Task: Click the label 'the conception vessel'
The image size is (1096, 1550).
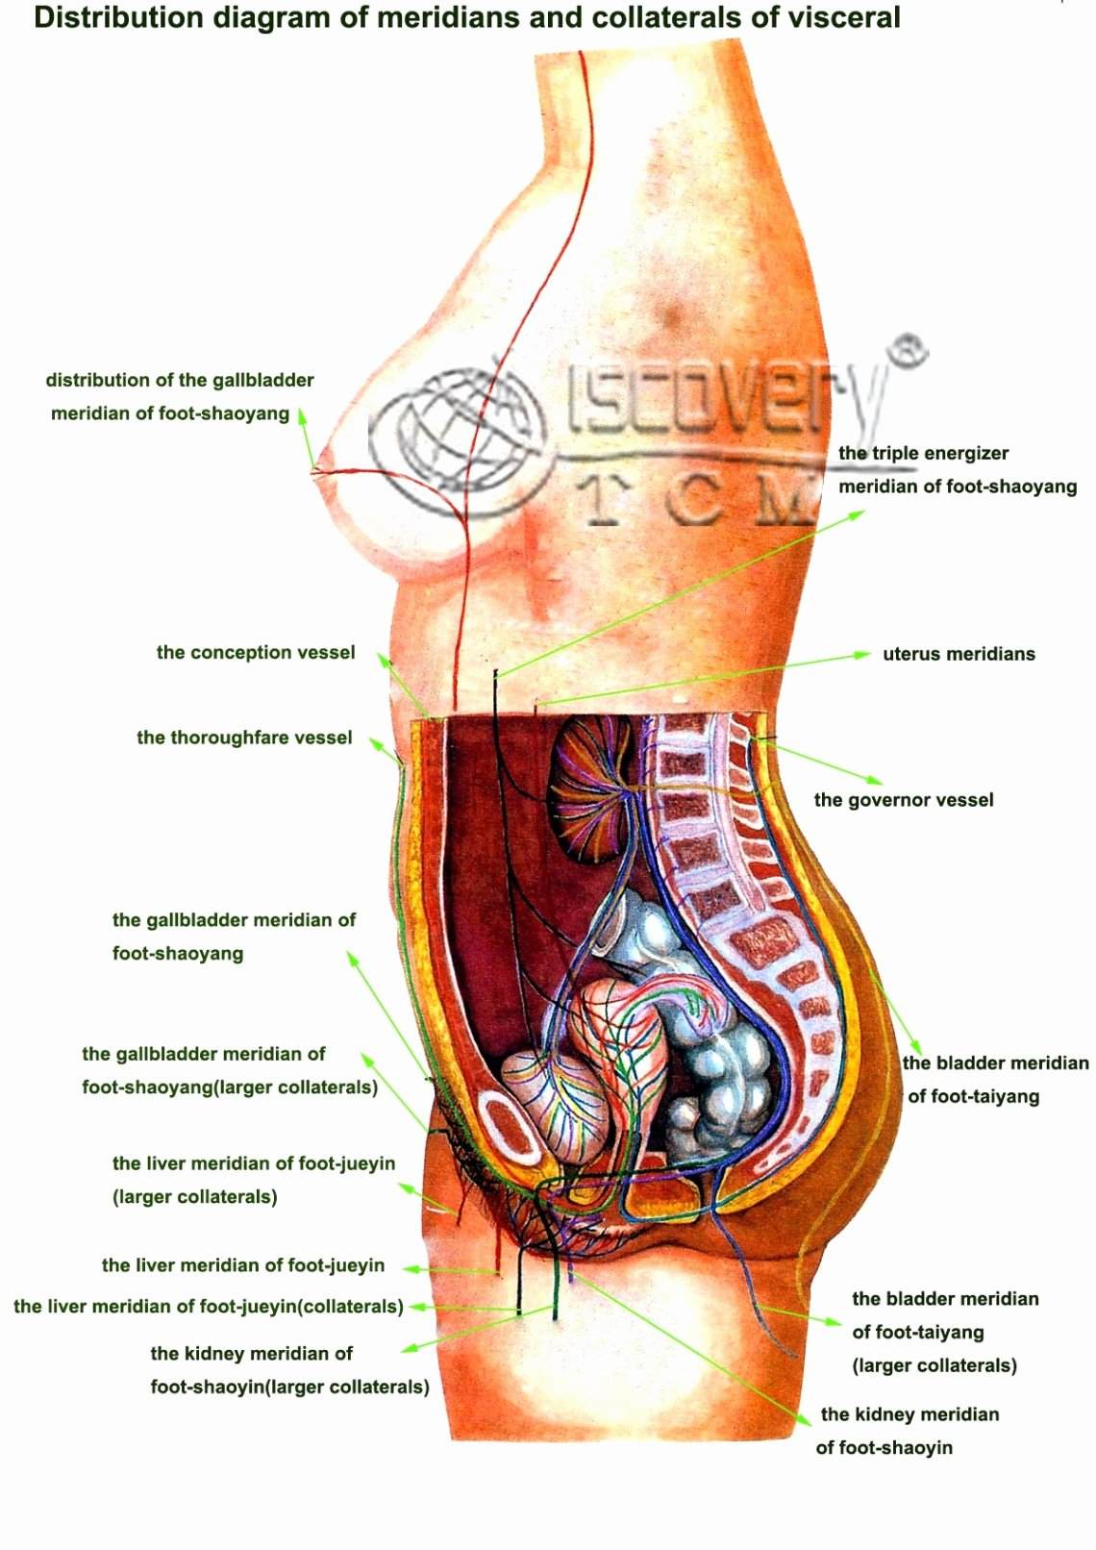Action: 256,653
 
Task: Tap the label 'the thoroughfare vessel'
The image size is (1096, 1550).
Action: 244,737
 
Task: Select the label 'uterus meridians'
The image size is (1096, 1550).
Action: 959,654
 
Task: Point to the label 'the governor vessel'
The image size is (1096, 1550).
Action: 904,800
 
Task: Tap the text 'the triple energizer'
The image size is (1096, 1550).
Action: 924,453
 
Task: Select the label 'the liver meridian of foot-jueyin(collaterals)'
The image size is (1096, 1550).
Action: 209,1306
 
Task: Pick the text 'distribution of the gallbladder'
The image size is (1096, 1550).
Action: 180,380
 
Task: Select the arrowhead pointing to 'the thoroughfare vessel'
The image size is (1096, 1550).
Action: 374,742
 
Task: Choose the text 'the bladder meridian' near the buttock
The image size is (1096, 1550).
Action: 996,1062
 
